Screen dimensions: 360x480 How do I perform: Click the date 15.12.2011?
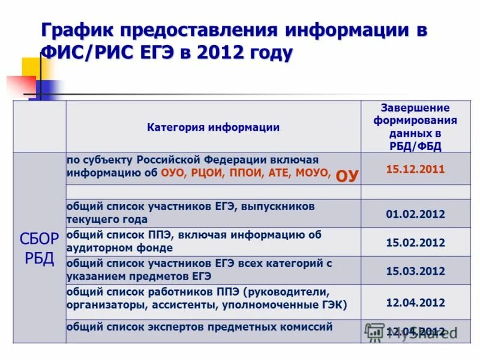pyautogui.click(x=415, y=169)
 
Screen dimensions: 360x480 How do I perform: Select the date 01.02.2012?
pyautogui.click(x=415, y=214)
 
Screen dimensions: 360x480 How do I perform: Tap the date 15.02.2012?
pyautogui.click(x=415, y=242)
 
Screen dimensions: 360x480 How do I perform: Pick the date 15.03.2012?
pyautogui.click(x=415, y=271)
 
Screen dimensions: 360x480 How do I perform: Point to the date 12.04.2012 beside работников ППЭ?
pyautogui.click(x=415, y=302)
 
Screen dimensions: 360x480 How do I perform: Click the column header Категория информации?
pyautogui.click(x=213, y=127)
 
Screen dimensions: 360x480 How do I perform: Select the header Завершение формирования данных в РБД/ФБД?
pyautogui.click(x=415, y=127)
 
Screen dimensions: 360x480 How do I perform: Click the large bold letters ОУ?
pyautogui.click(x=347, y=176)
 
